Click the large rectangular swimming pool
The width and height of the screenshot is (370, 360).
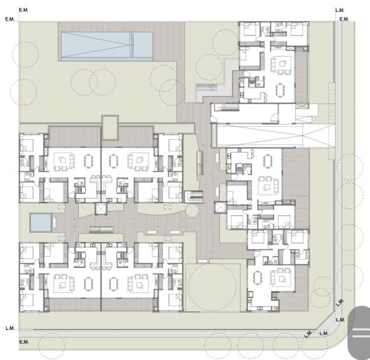[x=107, y=46]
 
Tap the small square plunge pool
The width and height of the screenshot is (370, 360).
[x=41, y=222]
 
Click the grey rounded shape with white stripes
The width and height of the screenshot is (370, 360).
[x=359, y=333]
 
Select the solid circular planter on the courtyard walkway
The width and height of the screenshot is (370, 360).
[x=192, y=211]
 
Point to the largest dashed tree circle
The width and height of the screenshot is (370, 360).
[x=212, y=286]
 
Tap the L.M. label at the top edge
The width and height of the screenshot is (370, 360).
[x=340, y=10]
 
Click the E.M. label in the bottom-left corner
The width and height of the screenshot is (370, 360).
[x=24, y=342]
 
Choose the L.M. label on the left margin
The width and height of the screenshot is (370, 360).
[x=10, y=328]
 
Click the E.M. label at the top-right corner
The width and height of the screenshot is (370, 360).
[x=344, y=19]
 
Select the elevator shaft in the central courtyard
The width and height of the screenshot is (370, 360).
[x=101, y=208]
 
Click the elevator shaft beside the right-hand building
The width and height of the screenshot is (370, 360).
[x=220, y=207]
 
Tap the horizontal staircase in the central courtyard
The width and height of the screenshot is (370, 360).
[x=101, y=229]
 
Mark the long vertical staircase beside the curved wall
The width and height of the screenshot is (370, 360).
[x=200, y=162]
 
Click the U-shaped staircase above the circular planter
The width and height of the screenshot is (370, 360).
[x=194, y=197]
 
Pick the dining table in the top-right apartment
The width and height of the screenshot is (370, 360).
[x=280, y=90]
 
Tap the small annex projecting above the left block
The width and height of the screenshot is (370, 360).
[x=110, y=127]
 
